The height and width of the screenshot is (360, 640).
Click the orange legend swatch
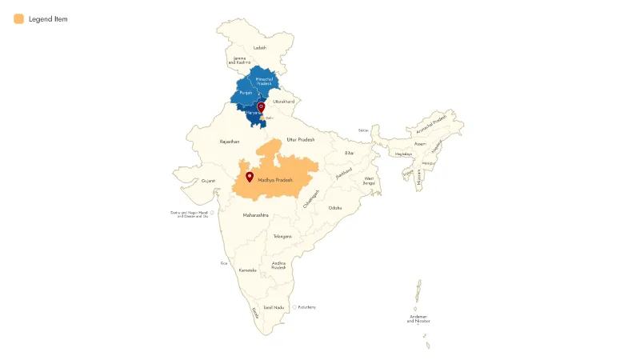(x=18, y=18)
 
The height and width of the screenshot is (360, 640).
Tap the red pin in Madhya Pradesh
(x=250, y=177)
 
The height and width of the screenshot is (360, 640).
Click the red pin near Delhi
(x=261, y=107)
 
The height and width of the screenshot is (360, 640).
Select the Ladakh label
(x=259, y=48)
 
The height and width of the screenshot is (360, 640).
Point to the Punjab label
(x=246, y=93)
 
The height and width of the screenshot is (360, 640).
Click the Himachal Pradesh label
(x=264, y=81)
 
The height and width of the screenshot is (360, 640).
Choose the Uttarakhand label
(x=284, y=102)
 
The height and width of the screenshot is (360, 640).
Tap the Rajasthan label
(x=230, y=142)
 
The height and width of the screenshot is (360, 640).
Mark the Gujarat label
(x=208, y=181)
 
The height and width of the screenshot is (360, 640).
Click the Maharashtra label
(x=255, y=215)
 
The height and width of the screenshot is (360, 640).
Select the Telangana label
(x=282, y=237)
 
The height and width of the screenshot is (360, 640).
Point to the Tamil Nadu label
(x=274, y=307)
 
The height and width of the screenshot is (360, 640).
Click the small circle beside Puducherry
(x=294, y=307)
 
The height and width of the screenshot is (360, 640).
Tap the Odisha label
(x=335, y=208)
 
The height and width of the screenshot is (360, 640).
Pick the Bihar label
(x=349, y=153)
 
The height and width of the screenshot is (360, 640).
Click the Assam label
(x=420, y=144)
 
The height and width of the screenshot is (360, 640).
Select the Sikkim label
(x=363, y=130)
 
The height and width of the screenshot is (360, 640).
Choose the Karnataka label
(x=248, y=270)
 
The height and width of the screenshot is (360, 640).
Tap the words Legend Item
(x=48, y=18)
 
